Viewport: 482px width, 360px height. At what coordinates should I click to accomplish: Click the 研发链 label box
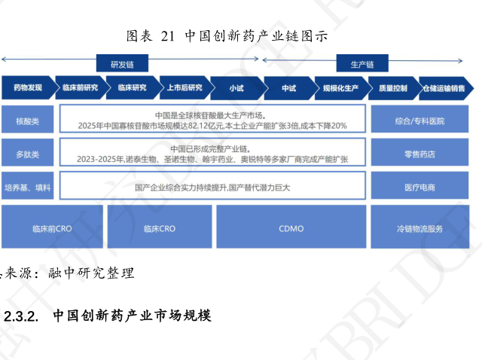pyautogui.click(x=121, y=64)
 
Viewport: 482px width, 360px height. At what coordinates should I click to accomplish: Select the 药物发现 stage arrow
pyautogui.click(x=28, y=88)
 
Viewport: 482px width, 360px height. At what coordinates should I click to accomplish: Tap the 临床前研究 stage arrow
pyautogui.click(x=81, y=88)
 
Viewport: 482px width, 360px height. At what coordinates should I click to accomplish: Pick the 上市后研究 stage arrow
pyautogui.click(x=185, y=88)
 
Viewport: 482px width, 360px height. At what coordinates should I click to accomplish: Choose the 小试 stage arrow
pyautogui.click(x=236, y=88)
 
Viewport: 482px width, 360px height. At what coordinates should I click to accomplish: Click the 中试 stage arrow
pyautogui.click(x=288, y=88)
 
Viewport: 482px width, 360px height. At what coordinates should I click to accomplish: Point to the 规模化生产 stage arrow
pyautogui.click(x=340, y=88)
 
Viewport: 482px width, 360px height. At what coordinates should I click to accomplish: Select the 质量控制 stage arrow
pyautogui.click(x=392, y=88)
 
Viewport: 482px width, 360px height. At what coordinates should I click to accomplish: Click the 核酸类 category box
pyautogui.click(x=27, y=121)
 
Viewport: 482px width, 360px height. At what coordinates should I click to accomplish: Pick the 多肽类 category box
pyautogui.click(x=27, y=154)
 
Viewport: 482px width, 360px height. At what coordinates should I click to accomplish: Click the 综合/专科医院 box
pyautogui.click(x=419, y=121)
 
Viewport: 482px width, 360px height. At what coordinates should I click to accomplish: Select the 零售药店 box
pyautogui.click(x=419, y=154)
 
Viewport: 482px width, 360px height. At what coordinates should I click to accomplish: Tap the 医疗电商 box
pyautogui.click(x=419, y=186)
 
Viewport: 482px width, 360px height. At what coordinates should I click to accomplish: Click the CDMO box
pyautogui.click(x=290, y=227)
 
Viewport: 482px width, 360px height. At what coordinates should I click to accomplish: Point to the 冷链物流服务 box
pyautogui.click(x=419, y=227)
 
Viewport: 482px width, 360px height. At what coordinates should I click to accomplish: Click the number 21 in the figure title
pyautogui.click(x=168, y=36)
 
